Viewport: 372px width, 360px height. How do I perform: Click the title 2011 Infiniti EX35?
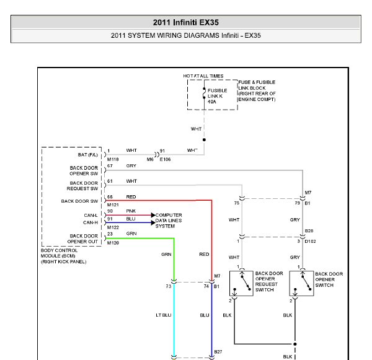coord(186,22)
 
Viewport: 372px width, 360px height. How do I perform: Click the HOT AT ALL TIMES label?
coord(203,76)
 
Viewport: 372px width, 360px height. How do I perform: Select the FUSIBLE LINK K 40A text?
coord(218,96)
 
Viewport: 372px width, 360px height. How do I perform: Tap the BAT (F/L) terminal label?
coord(88,155)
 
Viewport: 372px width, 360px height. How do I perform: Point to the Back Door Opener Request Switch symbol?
coord(241,283)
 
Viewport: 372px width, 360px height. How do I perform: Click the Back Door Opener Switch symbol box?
coord(301,283)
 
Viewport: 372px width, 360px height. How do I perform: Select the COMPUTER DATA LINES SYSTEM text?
coord(169,221)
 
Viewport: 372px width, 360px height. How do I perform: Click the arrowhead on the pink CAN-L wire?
coord(153,215)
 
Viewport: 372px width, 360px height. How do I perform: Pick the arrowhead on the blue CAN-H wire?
coord(153,222)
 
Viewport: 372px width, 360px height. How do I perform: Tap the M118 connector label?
coord(113,159)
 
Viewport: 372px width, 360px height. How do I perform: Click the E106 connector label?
coord(165,159)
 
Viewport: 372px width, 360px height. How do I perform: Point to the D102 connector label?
coord(311,242)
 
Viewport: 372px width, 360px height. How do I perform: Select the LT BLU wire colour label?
coord(164,315)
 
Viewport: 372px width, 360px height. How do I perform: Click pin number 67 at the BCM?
coord(110,166)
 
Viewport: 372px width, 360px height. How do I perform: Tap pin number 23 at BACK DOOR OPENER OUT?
coord(110,234)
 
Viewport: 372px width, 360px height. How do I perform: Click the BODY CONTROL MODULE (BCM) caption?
coord(59,253)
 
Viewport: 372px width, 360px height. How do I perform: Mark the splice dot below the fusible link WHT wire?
coord(204,139)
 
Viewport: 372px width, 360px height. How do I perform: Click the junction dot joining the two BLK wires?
coord(295,344)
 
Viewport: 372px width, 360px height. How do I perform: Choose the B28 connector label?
coord(309,230)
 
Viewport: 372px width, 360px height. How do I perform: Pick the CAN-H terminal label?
coord(91,222)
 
